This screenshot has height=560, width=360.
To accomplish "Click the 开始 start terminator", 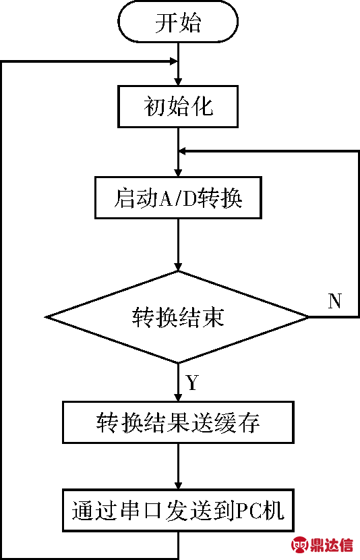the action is [x=178, y=22].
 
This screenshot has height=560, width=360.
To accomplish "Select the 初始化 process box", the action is [x=178, y=107].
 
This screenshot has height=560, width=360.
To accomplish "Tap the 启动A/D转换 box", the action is [x=178, y=198].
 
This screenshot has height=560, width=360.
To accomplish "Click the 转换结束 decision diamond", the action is [x=178, y=317].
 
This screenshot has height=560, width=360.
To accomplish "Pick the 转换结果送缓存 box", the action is [x=178, y=422].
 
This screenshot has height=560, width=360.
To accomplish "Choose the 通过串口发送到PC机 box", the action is [x=178, y=510].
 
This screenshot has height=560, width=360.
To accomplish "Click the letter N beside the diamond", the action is [x=334, y=301].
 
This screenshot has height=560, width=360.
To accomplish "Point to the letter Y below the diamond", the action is [x=192, y=383].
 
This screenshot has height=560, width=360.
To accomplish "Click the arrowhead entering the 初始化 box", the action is [x=178, y=81].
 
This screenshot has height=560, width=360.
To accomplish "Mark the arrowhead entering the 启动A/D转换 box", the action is [x=178, y=172].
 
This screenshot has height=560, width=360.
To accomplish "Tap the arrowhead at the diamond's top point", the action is [x=178, y=267].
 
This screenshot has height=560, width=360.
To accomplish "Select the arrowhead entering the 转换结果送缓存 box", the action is [x=178, y=397].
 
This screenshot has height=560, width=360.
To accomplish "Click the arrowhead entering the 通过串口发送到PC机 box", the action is [x=178, y=484].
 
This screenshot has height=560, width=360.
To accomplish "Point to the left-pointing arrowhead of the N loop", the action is [x=183, y=151].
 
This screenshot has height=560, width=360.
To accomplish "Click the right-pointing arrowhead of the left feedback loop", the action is [x=173, y=61].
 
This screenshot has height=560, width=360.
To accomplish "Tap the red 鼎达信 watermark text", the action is [x=332, y=545].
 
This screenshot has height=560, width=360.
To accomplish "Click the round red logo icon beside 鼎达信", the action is [x=300, y=545].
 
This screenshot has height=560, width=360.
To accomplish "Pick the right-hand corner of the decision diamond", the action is [x=309, y=317].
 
